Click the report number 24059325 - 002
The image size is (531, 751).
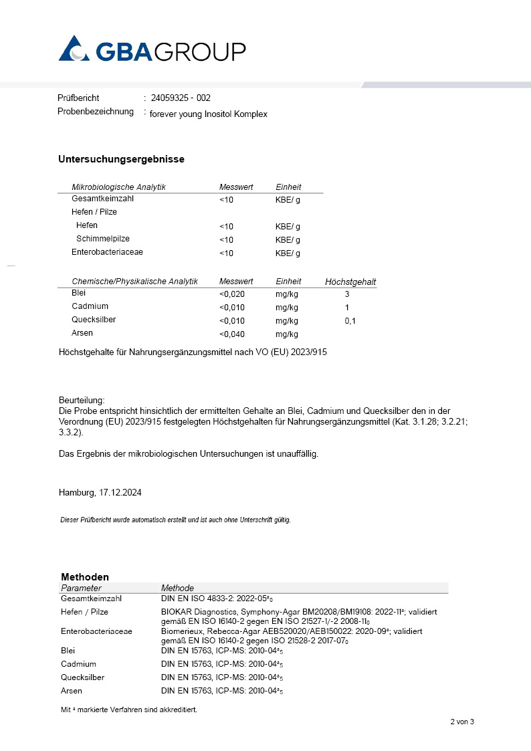[x=181, y=98]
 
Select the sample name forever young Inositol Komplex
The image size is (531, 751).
[x=208, y=114]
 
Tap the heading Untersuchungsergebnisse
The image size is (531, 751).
[x=121, y=159]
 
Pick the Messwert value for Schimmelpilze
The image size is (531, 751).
[x=226, y=240]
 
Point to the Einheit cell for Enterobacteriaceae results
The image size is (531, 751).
[x=288, y=253]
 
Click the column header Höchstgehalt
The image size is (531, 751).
[x=350, y=282]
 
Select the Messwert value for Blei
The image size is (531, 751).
[x=232, y=294]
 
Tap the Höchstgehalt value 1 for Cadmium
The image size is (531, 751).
[x=347, y=308]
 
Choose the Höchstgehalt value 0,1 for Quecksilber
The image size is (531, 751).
[x=350, y=321]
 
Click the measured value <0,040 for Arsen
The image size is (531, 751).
[x=232, y=334]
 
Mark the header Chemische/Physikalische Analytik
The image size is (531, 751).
[x=134, y=282]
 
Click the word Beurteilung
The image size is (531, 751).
[x=82, y=399]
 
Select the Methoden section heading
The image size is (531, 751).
[x=85, y=576]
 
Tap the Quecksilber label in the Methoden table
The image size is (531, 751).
[x=82, y=677]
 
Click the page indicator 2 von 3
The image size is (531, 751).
[x=461, y=722]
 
